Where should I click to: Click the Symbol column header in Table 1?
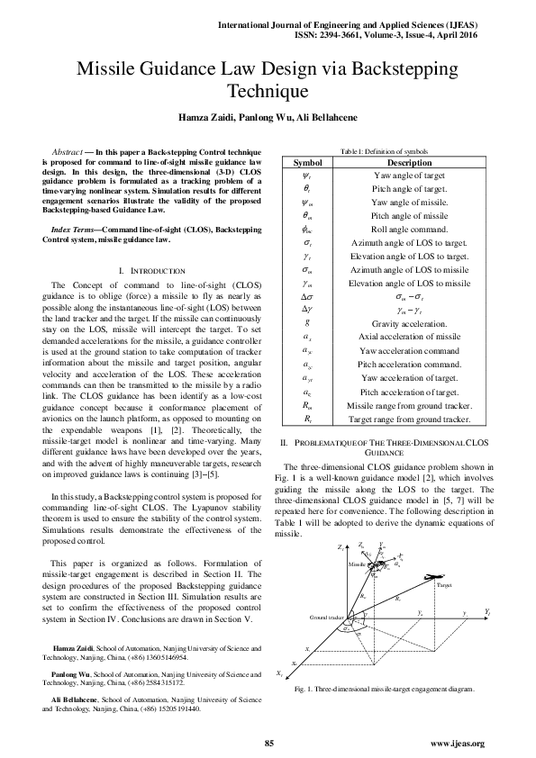[309, 162]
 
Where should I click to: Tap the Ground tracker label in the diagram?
[327, 618]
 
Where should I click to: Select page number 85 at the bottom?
[268, 742]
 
